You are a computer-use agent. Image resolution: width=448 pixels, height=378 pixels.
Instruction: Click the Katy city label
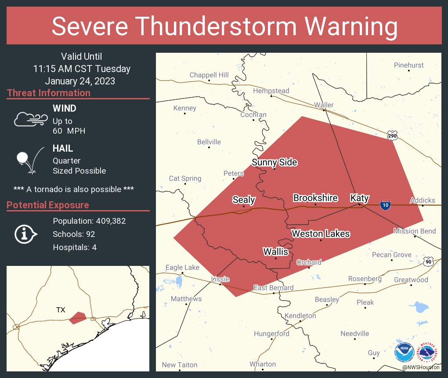359,198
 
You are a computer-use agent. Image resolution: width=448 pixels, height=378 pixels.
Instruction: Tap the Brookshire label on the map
315,198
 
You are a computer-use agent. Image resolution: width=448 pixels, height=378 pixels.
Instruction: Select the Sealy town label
244,200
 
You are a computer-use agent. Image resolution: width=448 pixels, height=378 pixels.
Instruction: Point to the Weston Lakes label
321,233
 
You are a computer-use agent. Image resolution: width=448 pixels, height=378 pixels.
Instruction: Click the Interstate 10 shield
385,205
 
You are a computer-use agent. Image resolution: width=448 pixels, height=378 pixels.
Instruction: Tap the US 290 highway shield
392,136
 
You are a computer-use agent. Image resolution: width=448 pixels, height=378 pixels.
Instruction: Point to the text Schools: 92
74,234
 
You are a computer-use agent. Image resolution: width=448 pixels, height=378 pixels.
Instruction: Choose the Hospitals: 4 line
75,247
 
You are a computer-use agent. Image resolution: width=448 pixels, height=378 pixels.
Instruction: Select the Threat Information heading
49,93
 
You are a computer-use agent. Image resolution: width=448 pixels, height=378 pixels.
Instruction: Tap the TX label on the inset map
61,310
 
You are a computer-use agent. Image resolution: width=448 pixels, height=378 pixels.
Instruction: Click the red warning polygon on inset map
78,317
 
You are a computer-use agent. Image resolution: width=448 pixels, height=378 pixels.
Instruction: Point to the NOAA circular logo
404,352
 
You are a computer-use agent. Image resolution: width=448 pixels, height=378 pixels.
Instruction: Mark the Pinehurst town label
408,65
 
